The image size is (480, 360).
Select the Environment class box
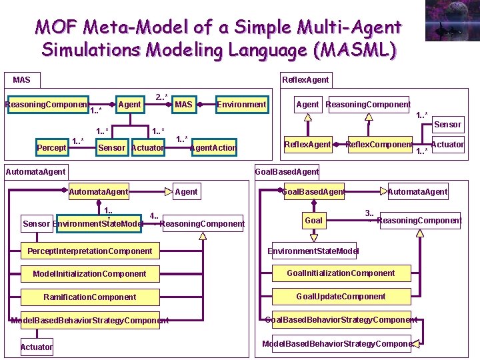coord(241,104)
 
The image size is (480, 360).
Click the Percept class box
coord(51,147)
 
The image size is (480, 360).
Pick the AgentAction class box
coord(213,147)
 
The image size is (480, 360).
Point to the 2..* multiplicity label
coord(161,97)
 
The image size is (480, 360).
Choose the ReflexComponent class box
coord(379,145)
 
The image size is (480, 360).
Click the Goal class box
coord(313,220)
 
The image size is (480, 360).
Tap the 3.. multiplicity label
coord(369,213)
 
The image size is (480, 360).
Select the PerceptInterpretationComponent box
coord(89,251)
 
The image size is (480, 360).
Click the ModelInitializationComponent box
coord(89,274)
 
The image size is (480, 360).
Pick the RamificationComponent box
coord(89,297)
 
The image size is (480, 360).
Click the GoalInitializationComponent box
coord(341,273)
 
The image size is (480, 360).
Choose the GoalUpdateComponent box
coord(341,296)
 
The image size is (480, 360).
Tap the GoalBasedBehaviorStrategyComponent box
coord(341,319)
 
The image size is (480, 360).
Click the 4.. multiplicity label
coord(154,216)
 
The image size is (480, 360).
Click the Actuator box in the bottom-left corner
coord(37,347)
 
